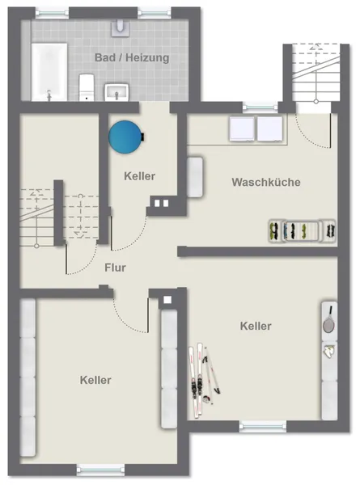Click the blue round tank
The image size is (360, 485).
(x=126, y=137)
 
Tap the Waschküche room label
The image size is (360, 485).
(x=266, y=182)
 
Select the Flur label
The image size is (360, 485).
(x=115, y=268)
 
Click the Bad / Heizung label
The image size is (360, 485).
(x=132, y=57)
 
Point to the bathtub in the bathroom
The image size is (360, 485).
(x=49, y=72)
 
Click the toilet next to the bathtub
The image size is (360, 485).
(x=87, y=87)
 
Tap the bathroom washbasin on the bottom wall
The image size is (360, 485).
(x=116, y=92)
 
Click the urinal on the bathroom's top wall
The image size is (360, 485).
(x=121, y=27)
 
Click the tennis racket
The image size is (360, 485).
(x=328, y=320)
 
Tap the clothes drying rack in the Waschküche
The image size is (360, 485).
(x=302, y=230)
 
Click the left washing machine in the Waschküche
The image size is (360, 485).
(x=242, y=129)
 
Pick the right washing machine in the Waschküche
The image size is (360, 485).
(x=270, y=129)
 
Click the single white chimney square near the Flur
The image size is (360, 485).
(x=167, y=300)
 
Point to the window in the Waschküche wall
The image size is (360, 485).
(x=260, y=108)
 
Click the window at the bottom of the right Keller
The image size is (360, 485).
(x=263, y=427)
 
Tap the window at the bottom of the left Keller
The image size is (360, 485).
(x=100, y=470)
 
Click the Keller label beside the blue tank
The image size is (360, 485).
(x=140, y=176)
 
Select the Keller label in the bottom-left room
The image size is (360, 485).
(x=95, y=380)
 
